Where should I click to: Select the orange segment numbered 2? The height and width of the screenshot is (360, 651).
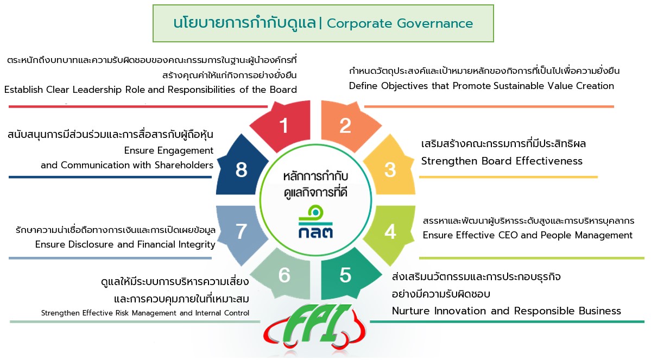coord(345,125)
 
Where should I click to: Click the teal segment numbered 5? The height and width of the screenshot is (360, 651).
coord(345,275)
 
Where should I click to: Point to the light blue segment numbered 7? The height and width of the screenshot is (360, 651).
coord(241,231)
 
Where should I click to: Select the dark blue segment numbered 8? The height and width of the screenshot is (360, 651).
coord(241,168)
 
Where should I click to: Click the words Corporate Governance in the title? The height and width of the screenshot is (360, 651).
coord(400,24)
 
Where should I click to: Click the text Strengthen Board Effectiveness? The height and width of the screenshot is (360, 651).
coord(502,161)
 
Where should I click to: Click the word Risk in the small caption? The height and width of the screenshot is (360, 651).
coord(123,313)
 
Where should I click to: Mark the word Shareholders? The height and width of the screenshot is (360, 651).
coord(184,165)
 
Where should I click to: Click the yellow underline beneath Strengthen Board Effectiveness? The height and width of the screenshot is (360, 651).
coord(508,177)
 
